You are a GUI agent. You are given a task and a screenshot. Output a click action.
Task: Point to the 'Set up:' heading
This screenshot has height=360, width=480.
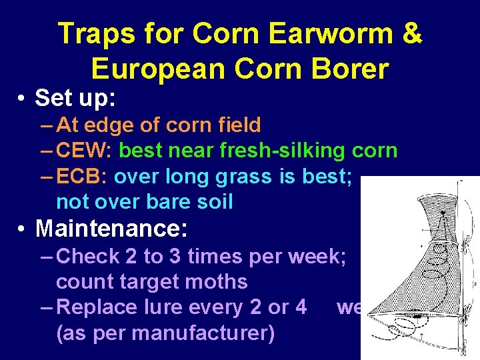75,98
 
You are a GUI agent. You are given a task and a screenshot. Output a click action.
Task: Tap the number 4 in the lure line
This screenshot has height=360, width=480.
301,307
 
